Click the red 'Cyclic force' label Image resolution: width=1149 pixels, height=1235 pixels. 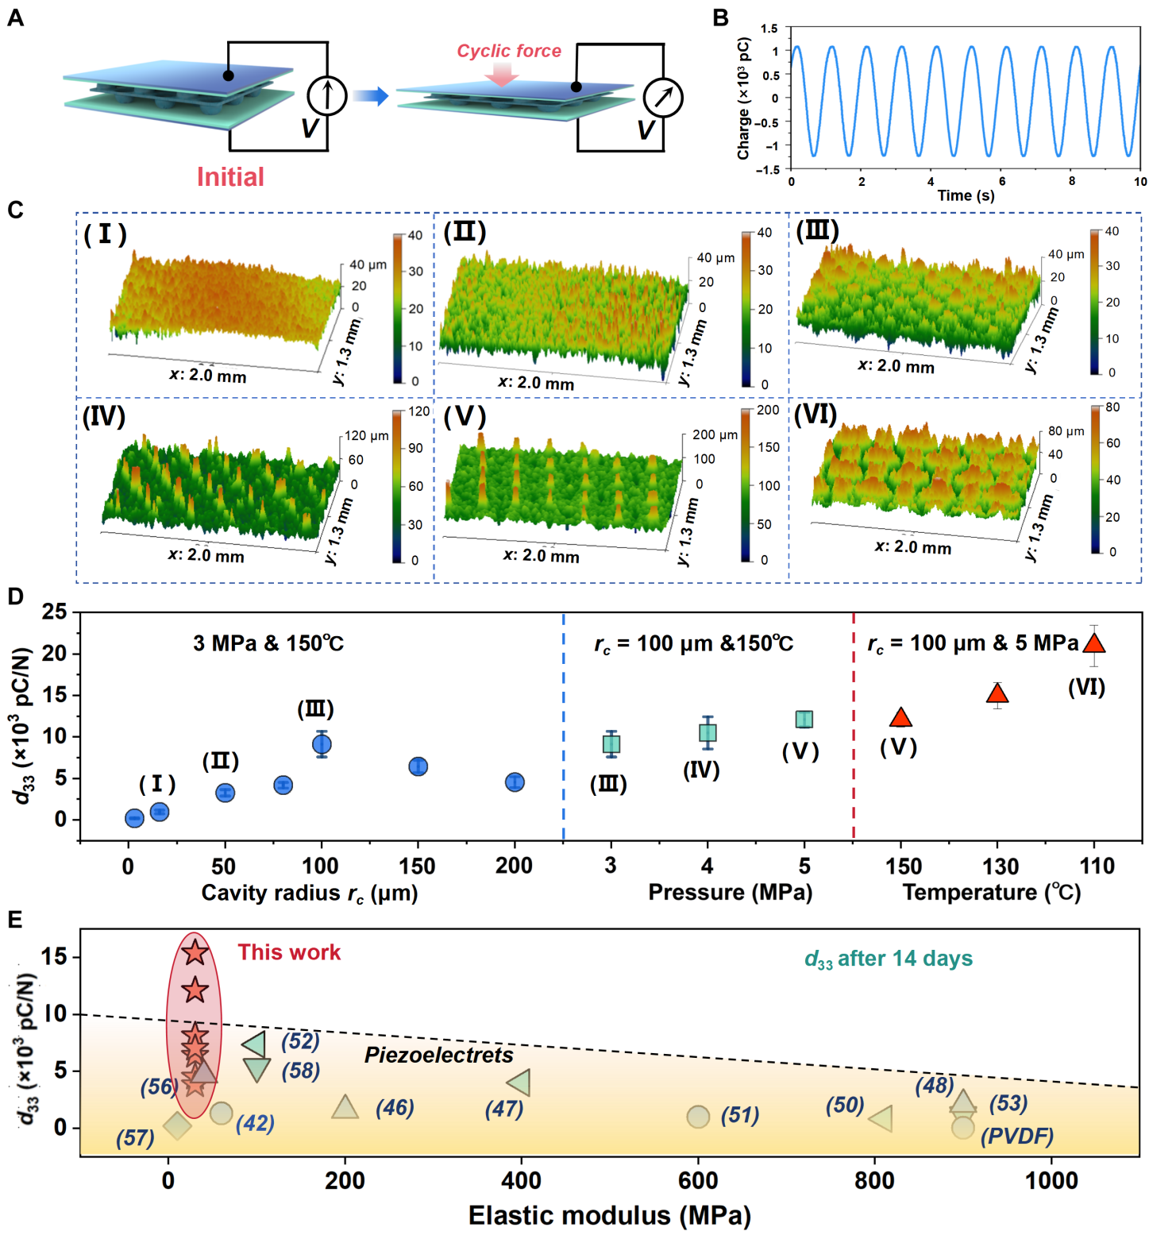(x=508, y=51)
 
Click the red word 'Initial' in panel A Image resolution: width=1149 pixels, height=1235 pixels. (x=230, y=176)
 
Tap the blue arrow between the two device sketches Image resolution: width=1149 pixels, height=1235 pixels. (x=371, y=96)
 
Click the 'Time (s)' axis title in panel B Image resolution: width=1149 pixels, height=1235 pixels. (x=966, y=195)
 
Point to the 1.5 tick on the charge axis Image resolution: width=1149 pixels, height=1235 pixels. (x=769, y=29)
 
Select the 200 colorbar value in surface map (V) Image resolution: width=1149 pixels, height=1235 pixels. (x=768, y=410)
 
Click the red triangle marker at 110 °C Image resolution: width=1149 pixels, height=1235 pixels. (x=1094, y=644)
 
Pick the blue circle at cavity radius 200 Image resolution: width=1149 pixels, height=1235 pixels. (x=515, y=782)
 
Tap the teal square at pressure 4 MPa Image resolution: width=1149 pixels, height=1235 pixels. (x=708, y=732)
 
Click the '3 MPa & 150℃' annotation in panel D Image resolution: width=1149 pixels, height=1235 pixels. (x=268, y=643)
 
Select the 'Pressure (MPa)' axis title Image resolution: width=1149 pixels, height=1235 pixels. (x=730, y=892)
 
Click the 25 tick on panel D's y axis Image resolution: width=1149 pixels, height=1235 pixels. (x=55, y=612)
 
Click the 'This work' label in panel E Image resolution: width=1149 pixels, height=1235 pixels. (x=289, y=952)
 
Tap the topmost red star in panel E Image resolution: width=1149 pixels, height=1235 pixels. (x=195, y=951)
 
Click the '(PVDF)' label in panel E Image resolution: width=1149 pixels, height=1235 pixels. (x=1017, y=1136)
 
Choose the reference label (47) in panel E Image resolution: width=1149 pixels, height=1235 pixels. (x=504, y=1109)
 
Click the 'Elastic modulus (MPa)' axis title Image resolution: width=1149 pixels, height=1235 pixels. (x=609, y=1215)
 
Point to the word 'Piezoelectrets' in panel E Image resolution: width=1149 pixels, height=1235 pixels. (x=438, y=1055)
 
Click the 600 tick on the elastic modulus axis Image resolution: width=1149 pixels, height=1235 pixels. (x=698, y=1180)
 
